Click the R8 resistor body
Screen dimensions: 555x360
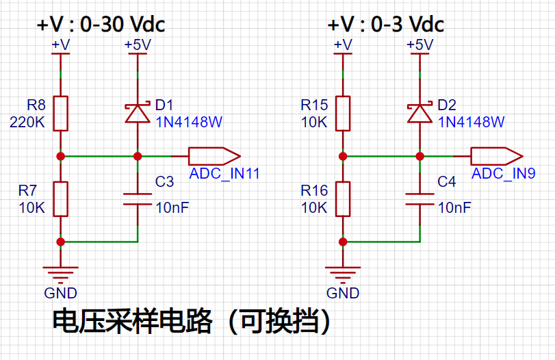[60, 114]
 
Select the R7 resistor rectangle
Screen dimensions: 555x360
[60, 199]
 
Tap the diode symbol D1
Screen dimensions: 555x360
[138, 113]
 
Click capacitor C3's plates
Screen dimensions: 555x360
[138, 199]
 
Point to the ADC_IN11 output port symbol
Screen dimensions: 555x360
[214, 156]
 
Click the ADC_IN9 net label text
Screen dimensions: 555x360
[503, 173]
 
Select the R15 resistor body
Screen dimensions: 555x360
[343, 114]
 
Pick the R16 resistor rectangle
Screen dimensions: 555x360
[343, 199]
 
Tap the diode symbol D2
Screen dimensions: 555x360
[420, 113]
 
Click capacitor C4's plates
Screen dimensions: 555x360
[420, 199]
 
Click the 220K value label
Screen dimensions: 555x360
[27, 123]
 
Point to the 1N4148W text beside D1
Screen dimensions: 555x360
[189, 122]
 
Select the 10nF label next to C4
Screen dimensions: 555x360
[454, 208]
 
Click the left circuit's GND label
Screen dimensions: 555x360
[60, 293]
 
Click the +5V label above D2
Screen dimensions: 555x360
[420, 45]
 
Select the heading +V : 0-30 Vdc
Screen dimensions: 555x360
[101, 25]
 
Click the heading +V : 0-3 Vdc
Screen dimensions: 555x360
[386, 25]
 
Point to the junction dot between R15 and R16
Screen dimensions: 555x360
[343, 156]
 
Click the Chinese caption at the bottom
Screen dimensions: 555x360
[192, 322]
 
